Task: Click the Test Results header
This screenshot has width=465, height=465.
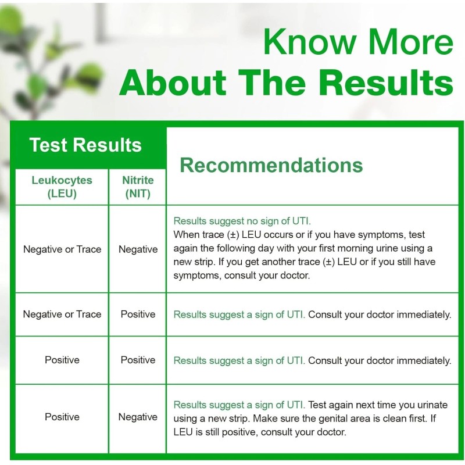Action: coord(85,145)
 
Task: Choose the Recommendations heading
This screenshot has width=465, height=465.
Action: coord(271,165)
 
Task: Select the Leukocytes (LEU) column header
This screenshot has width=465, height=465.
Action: coord(62,187)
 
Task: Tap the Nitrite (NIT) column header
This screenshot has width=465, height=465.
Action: coord(138,187)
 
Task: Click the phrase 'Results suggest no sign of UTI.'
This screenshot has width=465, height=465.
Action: coord(242,221)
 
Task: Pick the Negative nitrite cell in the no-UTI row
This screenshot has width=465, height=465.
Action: coord(138,249)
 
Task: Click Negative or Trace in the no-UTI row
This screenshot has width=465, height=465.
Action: coord(62,249)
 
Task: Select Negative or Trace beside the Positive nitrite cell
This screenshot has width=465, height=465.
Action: coord(62,314)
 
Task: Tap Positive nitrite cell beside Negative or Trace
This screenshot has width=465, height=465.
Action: coord(138,314)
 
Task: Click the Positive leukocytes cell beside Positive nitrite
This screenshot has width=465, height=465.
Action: coord(62,360)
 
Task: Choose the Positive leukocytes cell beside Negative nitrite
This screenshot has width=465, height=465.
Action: coord(62,417)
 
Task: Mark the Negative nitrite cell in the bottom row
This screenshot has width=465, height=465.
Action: coord(138,417)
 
